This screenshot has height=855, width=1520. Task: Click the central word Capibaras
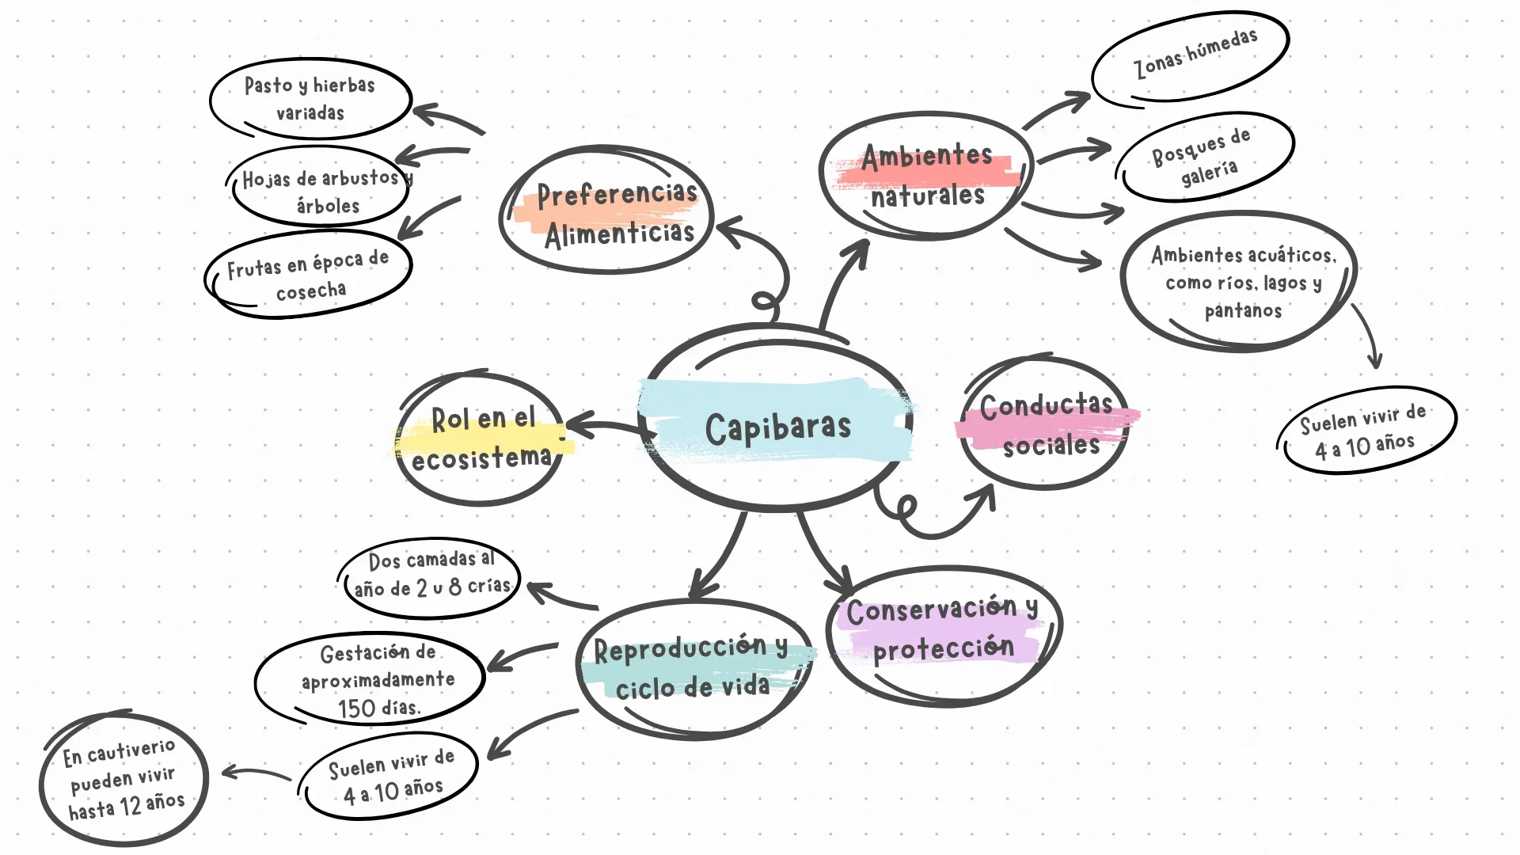click(777, 428)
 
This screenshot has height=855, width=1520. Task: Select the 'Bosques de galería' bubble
click(1204, 157)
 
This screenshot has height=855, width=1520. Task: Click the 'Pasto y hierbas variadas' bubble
click(310, 98)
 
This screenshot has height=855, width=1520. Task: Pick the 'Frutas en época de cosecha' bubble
click(309, 275)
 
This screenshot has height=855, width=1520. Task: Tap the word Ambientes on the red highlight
click(926, 157)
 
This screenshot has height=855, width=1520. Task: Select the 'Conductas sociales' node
click(1045, 425)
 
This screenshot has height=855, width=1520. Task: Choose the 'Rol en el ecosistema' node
click(481, 438)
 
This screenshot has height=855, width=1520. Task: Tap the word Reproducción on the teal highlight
click(680, 650)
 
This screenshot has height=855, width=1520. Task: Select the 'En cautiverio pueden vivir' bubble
click(123, 779)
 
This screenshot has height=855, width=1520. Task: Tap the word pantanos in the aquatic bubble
click(1242, 311)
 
